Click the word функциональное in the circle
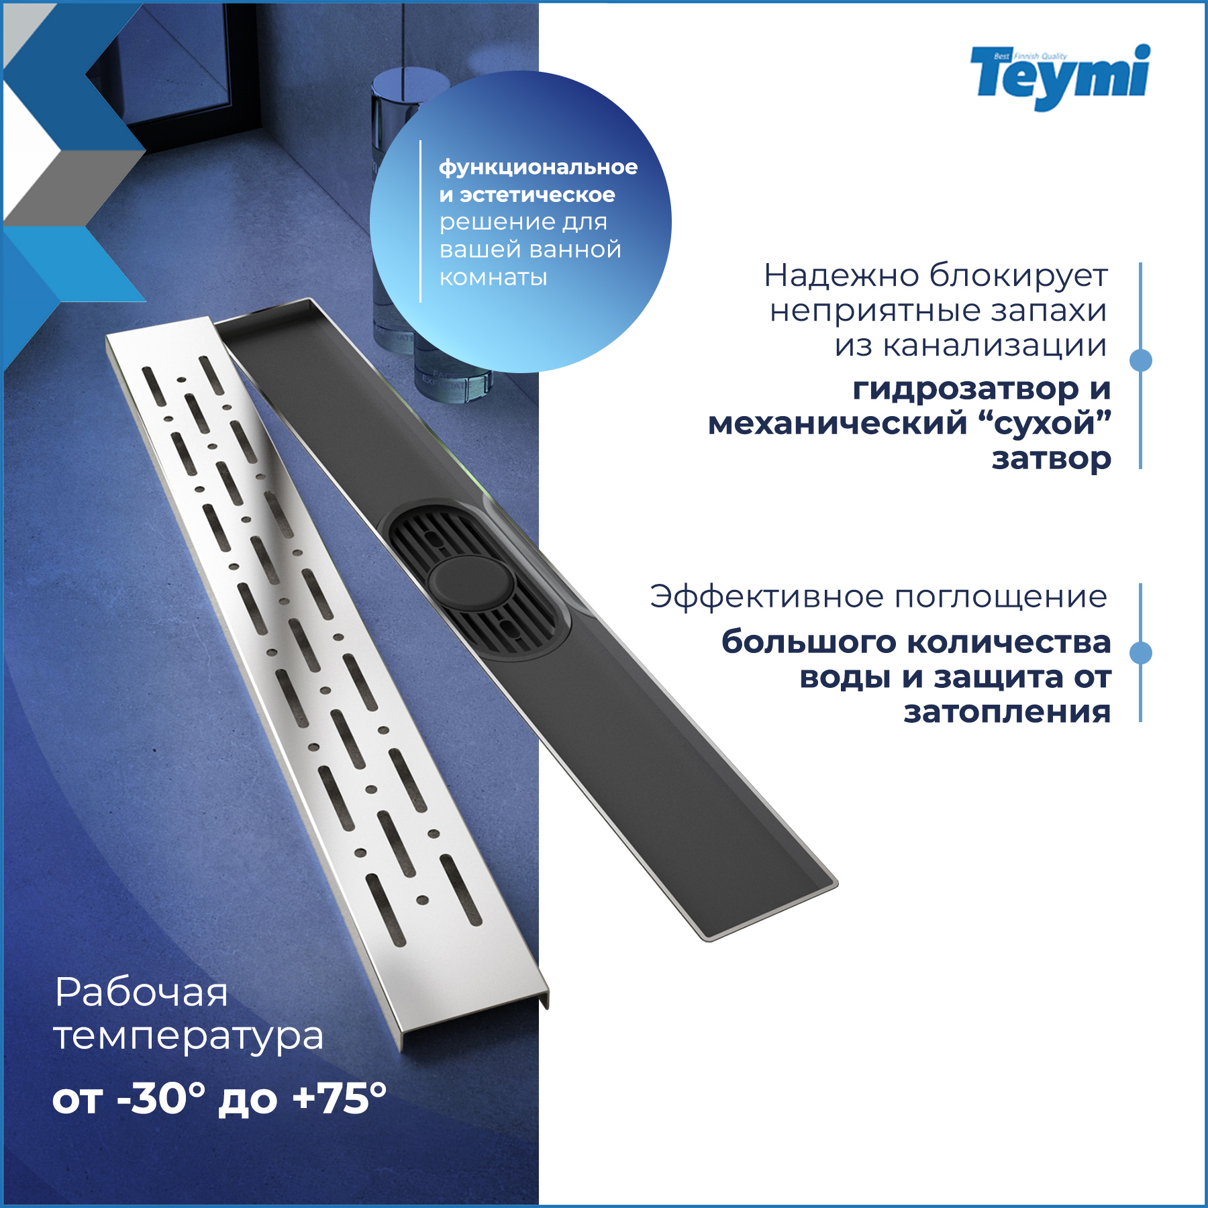(538, 168)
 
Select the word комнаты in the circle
(493, 277)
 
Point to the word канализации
(994, 346)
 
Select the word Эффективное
(766, 597)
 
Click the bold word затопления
(1007, 711)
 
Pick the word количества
(1010, 642)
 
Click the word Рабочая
(141, 992)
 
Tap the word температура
(188, 1036)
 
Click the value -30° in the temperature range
(161, 1099)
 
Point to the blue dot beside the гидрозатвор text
(1140, 360)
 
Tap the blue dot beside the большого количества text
(1140, 652)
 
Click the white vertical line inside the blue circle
(420, 221)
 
